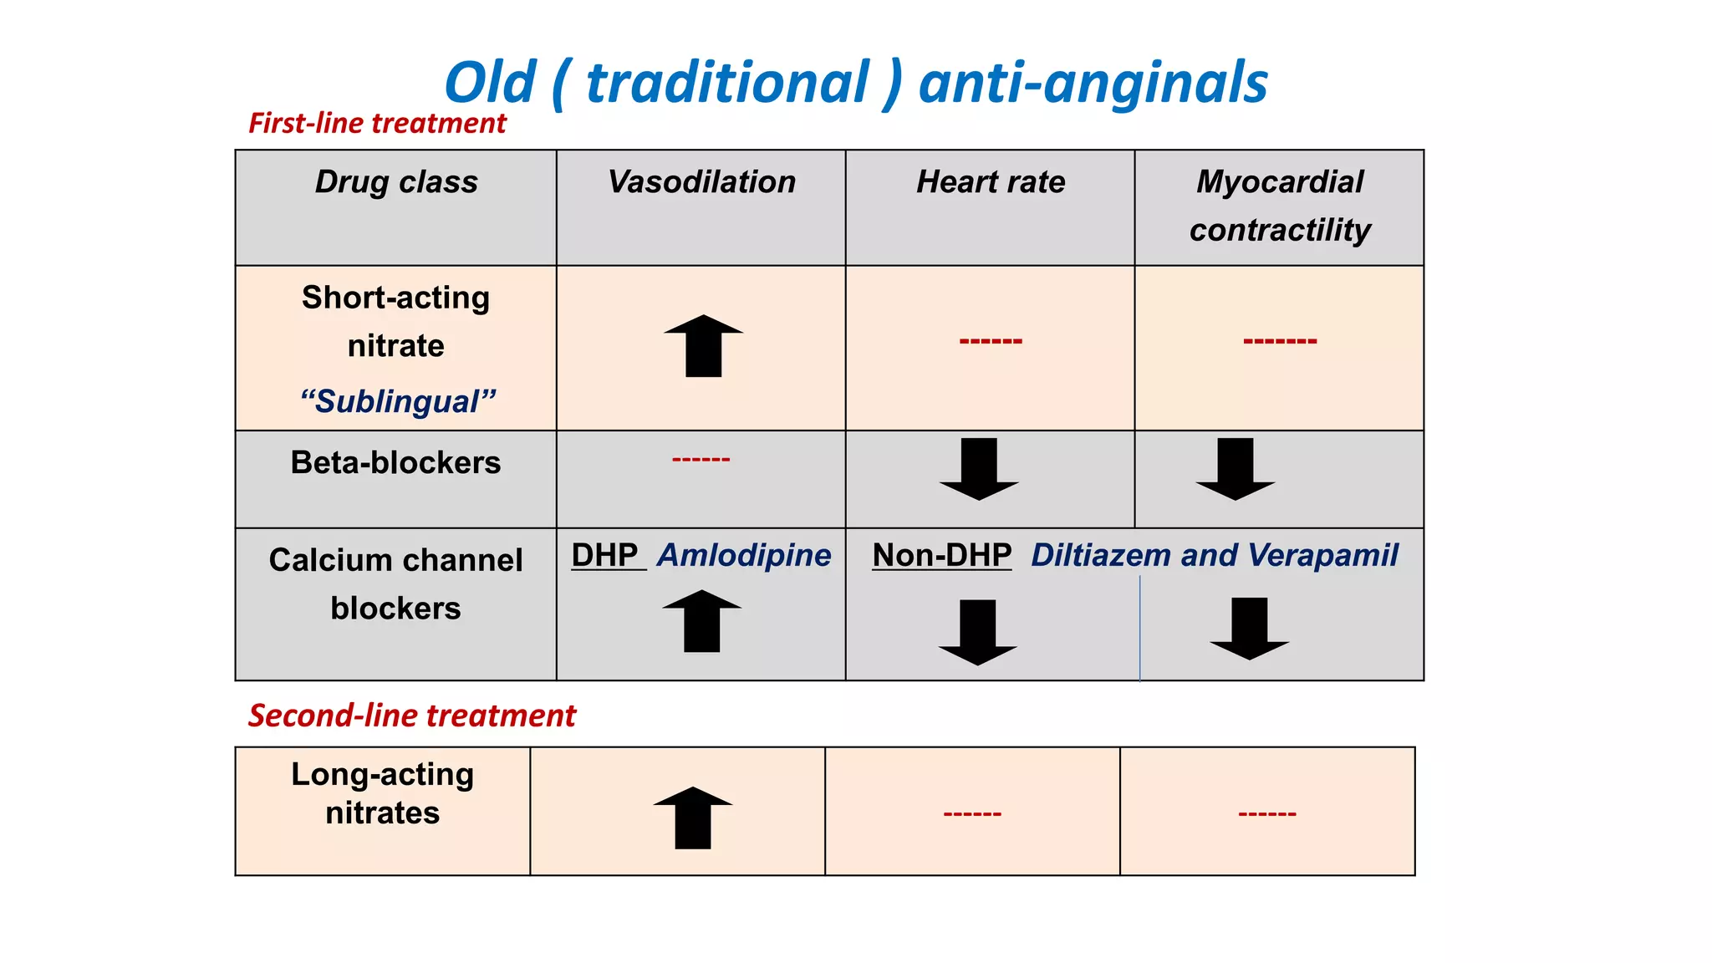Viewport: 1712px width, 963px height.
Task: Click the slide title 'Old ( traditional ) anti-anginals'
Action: click(x=855, y=83)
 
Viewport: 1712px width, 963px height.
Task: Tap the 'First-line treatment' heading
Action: click(x=377, y=124)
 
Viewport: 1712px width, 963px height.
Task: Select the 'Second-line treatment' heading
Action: click(x=411, y=716)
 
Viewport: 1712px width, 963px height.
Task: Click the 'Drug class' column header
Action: click(x=396, y=182)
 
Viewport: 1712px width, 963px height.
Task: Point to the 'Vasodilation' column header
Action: click(x=701, y=182)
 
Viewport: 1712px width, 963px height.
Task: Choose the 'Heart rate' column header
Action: click(x=991, y=182)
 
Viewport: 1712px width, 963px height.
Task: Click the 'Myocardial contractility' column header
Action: click(x=1280, y=206)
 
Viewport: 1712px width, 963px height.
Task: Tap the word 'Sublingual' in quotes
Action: click(x=398, y=402)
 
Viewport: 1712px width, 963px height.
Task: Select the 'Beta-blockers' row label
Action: click(x=395, y=462)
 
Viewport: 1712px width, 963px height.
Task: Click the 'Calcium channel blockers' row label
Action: click(x=395, y=583)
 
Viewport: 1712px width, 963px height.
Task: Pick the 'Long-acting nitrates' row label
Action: click(x=382, y=793)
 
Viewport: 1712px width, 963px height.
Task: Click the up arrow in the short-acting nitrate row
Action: click(x=703, y=345)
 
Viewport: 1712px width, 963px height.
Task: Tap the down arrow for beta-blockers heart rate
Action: click(x=979, y=469)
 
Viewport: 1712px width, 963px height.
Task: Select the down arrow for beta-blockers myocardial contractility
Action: click(x=1236, y=469)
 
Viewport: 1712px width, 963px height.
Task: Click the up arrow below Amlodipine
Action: click(x=701, y=621)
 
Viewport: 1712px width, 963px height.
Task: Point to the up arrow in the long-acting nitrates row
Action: click(x=693, y=818)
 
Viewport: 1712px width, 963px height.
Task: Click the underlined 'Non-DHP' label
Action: click(x=941, y=555)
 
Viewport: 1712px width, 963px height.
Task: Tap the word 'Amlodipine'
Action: click(x=744, y=555)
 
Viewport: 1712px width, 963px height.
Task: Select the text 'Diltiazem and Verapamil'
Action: click(x=1214, y=555)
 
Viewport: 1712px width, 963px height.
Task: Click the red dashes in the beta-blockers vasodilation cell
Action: click(x=701, y=459)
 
